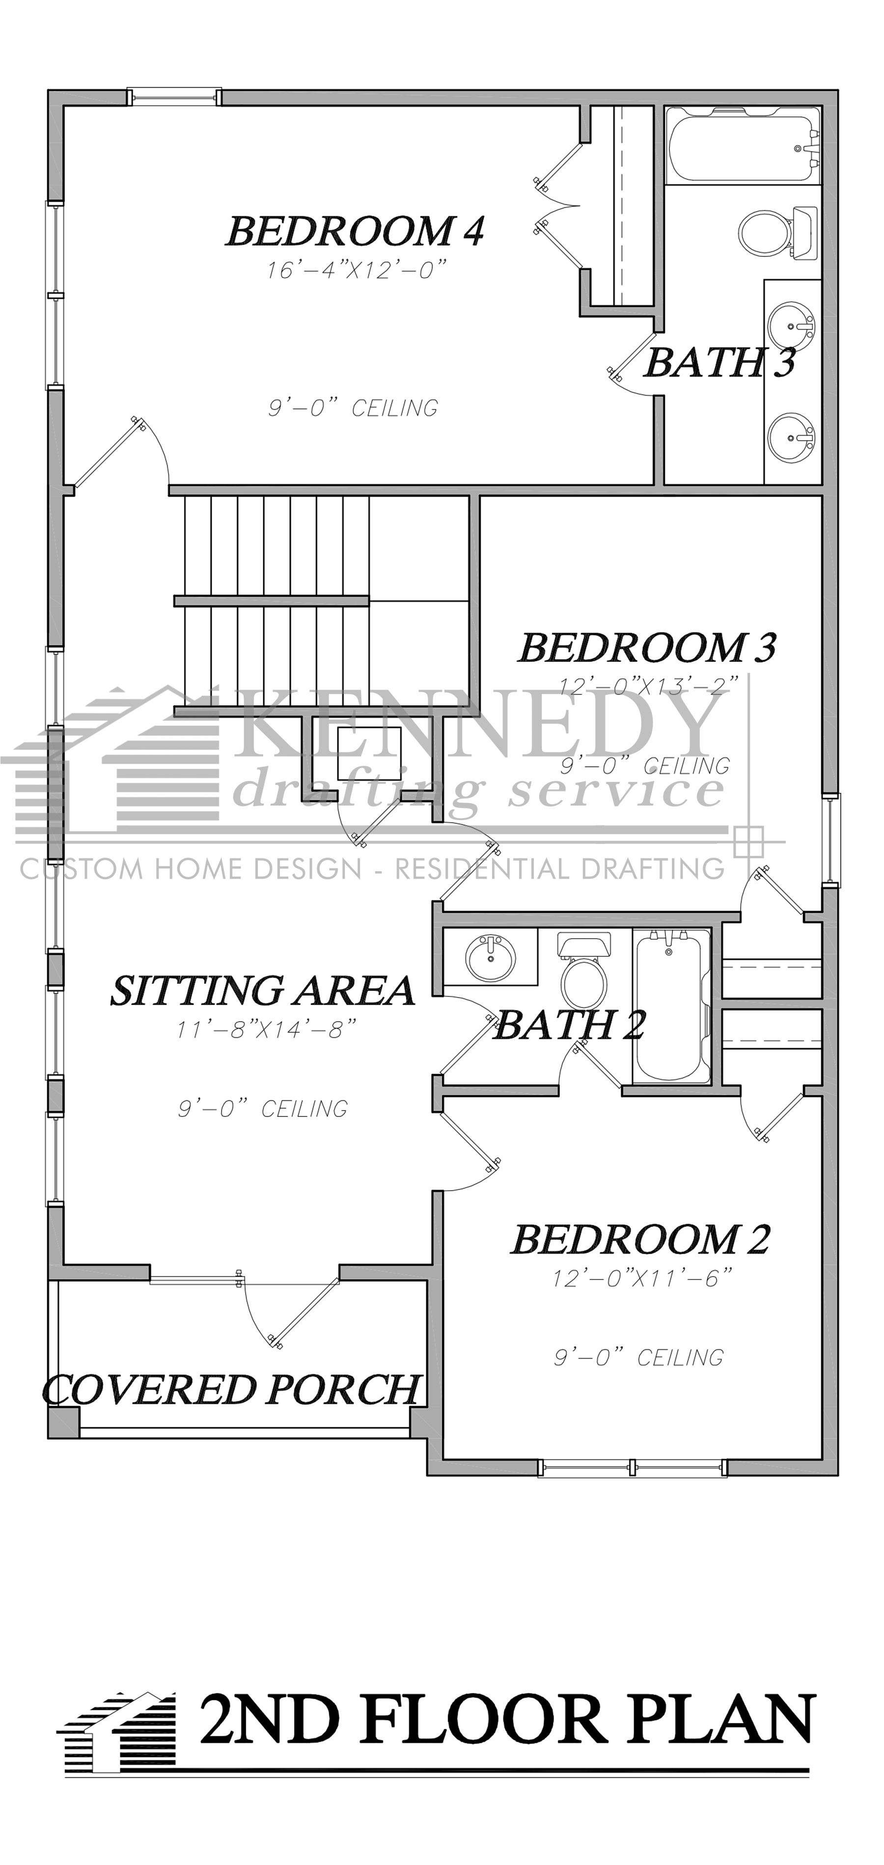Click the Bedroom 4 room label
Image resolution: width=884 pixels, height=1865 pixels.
355,232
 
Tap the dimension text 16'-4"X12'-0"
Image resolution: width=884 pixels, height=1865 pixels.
355,271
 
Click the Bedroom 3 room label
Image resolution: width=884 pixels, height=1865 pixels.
646,647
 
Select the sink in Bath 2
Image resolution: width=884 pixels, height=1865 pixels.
490,957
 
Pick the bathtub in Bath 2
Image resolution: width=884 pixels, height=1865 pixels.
671,1006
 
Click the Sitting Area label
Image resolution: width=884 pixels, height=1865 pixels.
262,990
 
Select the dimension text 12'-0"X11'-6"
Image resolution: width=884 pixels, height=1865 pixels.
642,1279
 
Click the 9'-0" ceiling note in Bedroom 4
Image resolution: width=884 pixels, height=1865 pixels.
353,408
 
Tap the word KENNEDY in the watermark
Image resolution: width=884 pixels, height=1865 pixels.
478,721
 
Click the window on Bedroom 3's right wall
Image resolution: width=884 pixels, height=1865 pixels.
832,840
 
